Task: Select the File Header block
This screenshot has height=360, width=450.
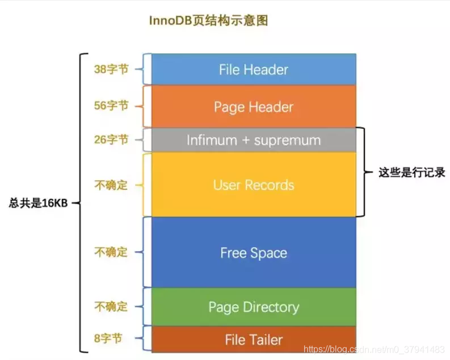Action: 253,70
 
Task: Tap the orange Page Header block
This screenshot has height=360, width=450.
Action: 253,107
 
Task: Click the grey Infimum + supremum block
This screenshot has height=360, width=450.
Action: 253,140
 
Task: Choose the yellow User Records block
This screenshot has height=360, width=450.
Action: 253,185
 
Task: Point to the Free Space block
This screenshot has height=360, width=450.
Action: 253,253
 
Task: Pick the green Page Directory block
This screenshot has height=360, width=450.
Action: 253,307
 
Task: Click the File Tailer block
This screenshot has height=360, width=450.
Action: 253,340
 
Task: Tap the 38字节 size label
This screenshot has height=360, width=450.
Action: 111,69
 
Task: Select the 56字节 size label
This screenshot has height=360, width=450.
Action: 111,105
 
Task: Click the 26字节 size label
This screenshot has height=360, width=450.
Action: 111,139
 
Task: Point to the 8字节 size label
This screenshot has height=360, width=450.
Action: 108,338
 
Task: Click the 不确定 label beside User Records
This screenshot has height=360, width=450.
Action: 111,185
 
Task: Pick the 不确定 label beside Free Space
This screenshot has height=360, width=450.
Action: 111,252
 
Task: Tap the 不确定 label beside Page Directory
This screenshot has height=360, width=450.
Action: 111,307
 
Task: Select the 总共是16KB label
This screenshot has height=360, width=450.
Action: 39,203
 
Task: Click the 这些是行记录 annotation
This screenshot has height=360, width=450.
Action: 411,173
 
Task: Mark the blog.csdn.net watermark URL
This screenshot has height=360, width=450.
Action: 375,350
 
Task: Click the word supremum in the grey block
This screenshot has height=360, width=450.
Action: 287,140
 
